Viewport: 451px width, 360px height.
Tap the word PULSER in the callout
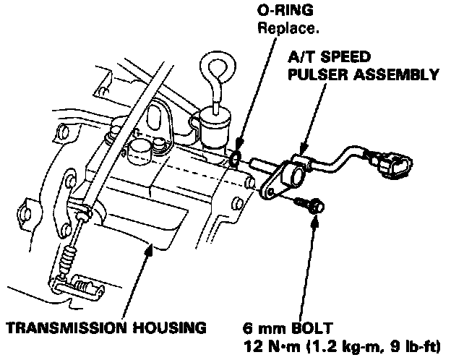317,74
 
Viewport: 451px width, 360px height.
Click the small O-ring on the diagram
236,158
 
